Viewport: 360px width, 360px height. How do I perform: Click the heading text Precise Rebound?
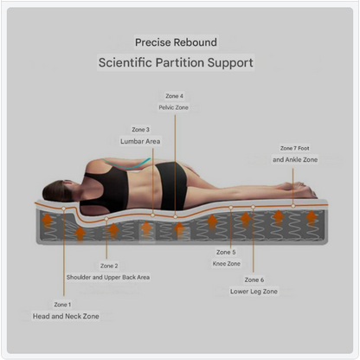tap(176, 42)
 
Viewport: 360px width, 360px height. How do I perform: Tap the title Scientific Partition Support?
tap(176, 62)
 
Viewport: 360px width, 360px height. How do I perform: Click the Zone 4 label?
tap(174, 96)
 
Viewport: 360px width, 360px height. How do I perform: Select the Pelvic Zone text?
tap(173, 107)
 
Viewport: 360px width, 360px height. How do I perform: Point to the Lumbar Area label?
tap(140, 141)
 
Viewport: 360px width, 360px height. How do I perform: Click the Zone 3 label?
tap(141, 130)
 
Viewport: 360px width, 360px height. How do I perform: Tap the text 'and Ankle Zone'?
tap(295, 159)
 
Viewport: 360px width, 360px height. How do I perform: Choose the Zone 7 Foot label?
tap(295, 148)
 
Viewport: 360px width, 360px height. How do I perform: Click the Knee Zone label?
tap(227, 264)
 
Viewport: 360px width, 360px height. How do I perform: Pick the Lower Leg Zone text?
tap(254, 292)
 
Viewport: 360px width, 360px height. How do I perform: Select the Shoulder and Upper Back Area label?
tap(108, 277)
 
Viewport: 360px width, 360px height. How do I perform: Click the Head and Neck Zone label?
tap(66, 316)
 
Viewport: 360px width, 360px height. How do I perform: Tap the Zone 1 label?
tap(62, 305)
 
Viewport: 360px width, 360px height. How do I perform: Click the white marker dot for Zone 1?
tap(64, 209)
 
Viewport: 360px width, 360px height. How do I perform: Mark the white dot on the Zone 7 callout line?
tap(293, 206)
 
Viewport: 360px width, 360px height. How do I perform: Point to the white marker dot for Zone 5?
tap(231, 207)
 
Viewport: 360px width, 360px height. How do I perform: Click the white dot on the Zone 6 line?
tap(253, 207)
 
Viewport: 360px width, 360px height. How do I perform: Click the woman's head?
tap(59, 191)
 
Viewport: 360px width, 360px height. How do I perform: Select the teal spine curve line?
tap(127, 165)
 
